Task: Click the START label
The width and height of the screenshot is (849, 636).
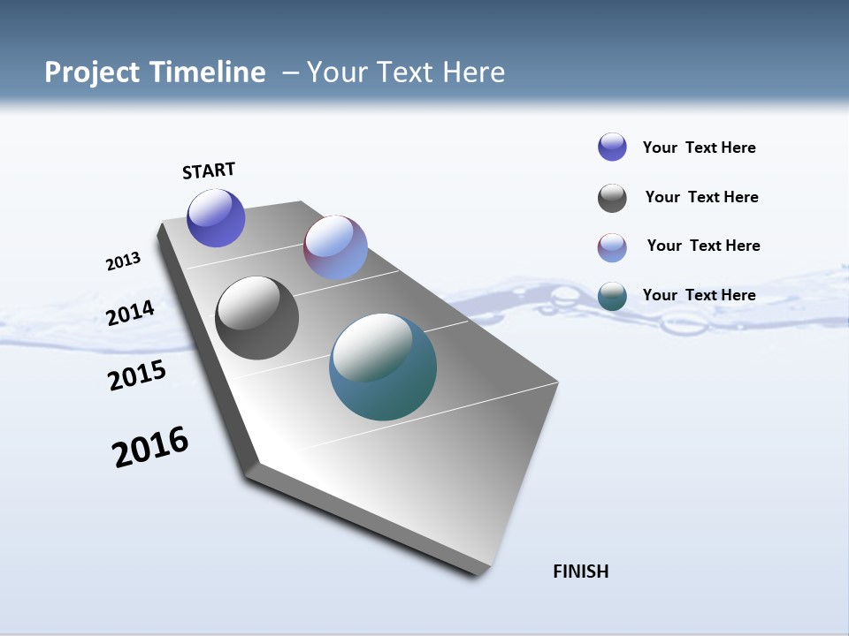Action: (209, 170)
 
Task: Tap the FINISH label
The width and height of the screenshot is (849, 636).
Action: (580, 572)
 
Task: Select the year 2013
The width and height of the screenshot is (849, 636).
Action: (123, 261)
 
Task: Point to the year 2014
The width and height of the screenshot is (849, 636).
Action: (130, 313)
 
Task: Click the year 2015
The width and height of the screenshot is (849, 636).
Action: (136, 375)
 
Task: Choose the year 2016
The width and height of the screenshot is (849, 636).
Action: (150, 447)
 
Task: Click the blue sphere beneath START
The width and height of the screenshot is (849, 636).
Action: (216, 218)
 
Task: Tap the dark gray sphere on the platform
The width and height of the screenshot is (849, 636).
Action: (256, 318)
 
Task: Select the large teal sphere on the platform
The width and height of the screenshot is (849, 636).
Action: (383, 367)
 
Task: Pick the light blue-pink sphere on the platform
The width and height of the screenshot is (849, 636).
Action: (335, 247)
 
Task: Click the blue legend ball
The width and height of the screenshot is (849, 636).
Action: (612, 147)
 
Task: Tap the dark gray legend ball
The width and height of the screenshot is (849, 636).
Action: (612, 198)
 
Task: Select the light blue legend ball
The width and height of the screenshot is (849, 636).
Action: (612, 247)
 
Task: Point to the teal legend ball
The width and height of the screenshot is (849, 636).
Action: (612, 297)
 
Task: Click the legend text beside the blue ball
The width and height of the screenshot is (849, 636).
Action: (699, 148)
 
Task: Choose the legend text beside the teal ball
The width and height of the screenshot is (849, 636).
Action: (699, 295)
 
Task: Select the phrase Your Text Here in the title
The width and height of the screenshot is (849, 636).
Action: (406, 72)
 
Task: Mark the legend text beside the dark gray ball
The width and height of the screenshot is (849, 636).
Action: (701, 197)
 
